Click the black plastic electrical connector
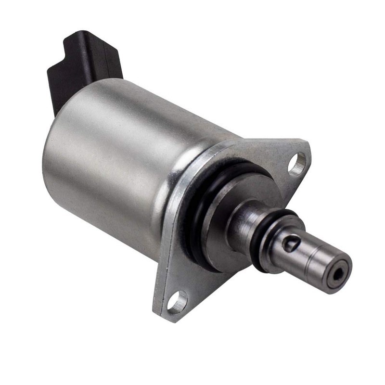click(84, 67)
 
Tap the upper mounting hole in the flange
click(297, 164)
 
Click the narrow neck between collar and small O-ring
click(245, 221)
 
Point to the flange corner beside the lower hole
click(161, 313)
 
